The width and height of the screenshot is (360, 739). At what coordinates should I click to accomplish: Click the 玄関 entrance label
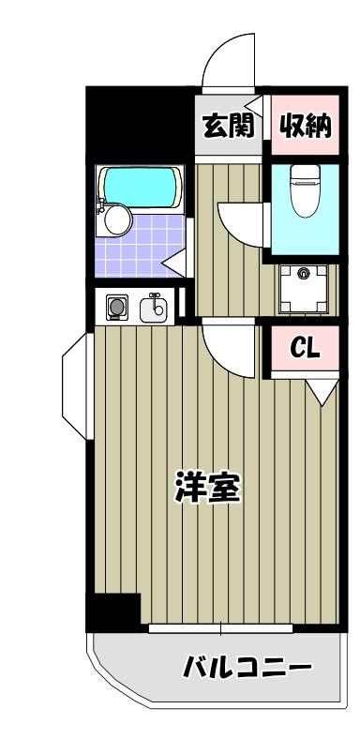point(228,125)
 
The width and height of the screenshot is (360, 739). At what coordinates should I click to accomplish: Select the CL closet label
point(306,349)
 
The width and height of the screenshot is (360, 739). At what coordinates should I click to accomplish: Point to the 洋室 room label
point(209,488)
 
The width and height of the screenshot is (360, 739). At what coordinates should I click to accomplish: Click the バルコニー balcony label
point(247,669)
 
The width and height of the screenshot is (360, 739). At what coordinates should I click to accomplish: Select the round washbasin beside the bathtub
point(117,221)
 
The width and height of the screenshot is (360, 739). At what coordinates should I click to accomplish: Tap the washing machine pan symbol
point(302,286)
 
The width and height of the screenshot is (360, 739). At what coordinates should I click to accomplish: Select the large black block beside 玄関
point(140,122)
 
